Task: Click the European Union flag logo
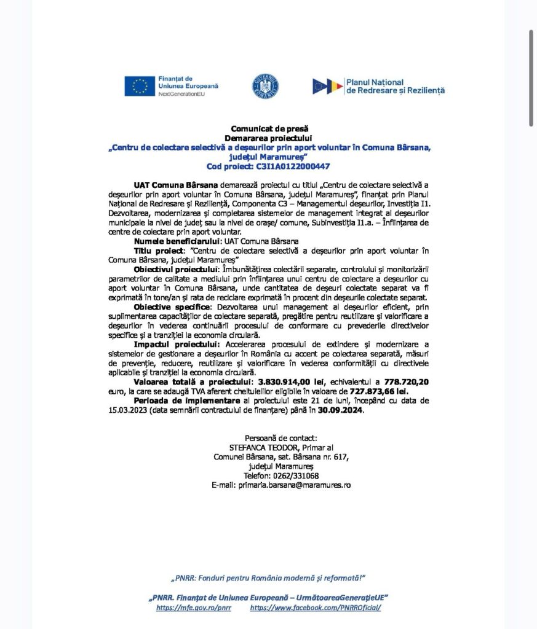click(139, 87)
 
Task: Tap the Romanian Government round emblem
click(265, 86)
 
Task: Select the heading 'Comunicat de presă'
click(268, 129)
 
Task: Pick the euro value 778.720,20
click(399, 381)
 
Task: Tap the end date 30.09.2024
click(341, 411)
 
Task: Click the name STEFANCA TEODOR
click(258, 447)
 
